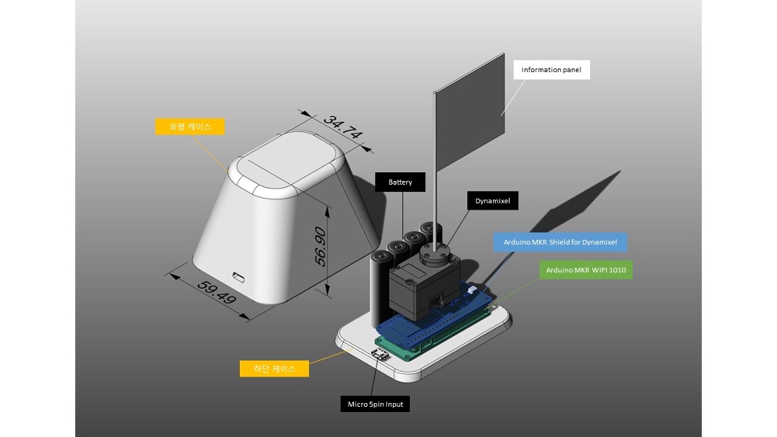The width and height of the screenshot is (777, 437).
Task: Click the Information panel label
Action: click(x=551, y=70)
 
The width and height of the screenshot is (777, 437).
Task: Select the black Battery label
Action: click(x=400, y=182)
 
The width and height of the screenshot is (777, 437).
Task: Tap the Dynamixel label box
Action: click(x=492, y=199)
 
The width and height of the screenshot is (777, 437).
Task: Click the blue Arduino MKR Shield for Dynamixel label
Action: click(x=560, y=242)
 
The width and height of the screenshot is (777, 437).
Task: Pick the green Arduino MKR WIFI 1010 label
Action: click(x=586, y=270)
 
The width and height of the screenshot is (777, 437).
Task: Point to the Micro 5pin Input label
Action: click(x=375, y=404)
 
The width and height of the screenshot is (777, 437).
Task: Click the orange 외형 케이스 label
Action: click(x=190, y=127)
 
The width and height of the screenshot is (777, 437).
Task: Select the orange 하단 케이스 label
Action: click(x=274, y=369)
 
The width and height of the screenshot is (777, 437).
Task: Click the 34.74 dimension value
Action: click(x=344, y=128)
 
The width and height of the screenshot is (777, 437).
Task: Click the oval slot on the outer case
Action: click(x=238, y=277)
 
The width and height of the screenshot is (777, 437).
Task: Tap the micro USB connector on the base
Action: click(x=382, y=356)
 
